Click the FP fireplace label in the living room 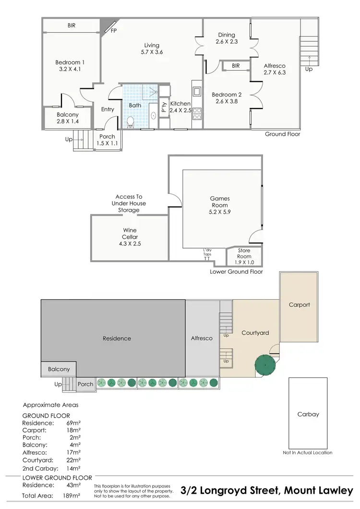113,31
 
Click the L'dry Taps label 207,253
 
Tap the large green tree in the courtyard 266,365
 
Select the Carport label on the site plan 299,304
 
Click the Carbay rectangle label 308,414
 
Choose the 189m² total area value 73,495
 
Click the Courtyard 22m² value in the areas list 73,460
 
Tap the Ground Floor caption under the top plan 282,134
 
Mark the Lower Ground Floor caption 236,271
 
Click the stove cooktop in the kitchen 197,112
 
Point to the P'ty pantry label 164,108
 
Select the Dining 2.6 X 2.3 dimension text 227,42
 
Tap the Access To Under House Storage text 129,204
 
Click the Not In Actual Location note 308,452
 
